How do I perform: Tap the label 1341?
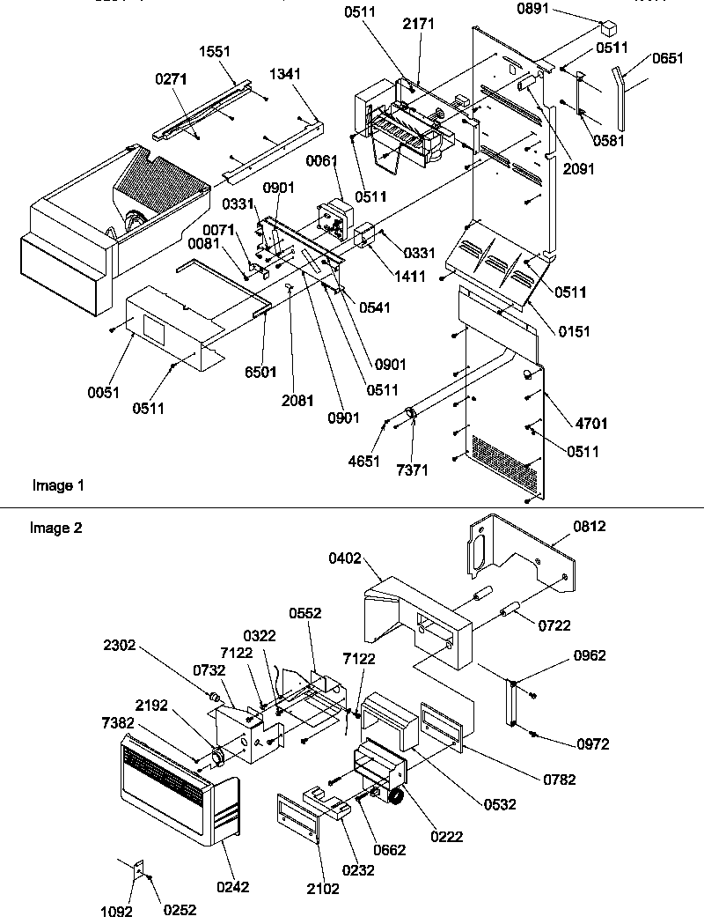pos(283,76)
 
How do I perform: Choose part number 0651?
pos(667,59)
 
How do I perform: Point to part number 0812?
pos(590,526)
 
